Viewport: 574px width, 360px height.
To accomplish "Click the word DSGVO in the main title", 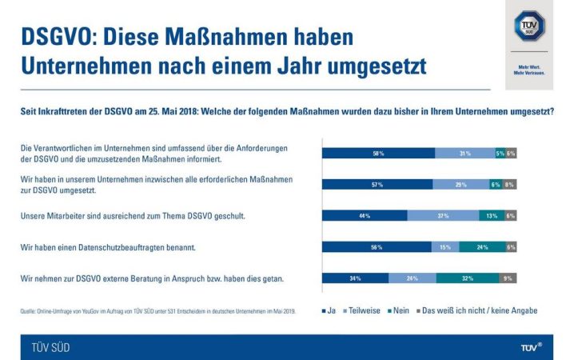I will [x=58, y=38].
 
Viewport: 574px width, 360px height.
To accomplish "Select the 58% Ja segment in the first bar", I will [x=377, y=153].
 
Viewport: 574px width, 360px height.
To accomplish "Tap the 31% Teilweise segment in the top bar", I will [x=464, y=153].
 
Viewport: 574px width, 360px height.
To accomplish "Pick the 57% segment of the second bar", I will [x=377, y=184].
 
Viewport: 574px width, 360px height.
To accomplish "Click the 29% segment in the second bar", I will [x=460, y=184].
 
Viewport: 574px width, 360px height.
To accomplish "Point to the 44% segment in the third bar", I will [x=364, y=215].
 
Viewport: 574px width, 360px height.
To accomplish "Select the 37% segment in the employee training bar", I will [x=443, y=215].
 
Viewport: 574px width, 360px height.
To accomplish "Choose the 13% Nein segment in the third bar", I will [x=491, y=215].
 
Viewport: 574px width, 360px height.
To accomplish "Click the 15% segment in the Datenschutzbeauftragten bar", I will [x=444, y=247].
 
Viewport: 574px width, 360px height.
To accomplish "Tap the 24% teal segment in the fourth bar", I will [x=482, y=247].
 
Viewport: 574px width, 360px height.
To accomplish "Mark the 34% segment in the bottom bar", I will [x=355, y=278].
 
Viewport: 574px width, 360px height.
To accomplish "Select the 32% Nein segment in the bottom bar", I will [x=468, y=278].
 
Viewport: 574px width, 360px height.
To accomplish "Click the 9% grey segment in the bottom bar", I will [x=508, y=278].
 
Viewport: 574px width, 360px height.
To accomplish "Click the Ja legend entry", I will [x=329, y=310].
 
